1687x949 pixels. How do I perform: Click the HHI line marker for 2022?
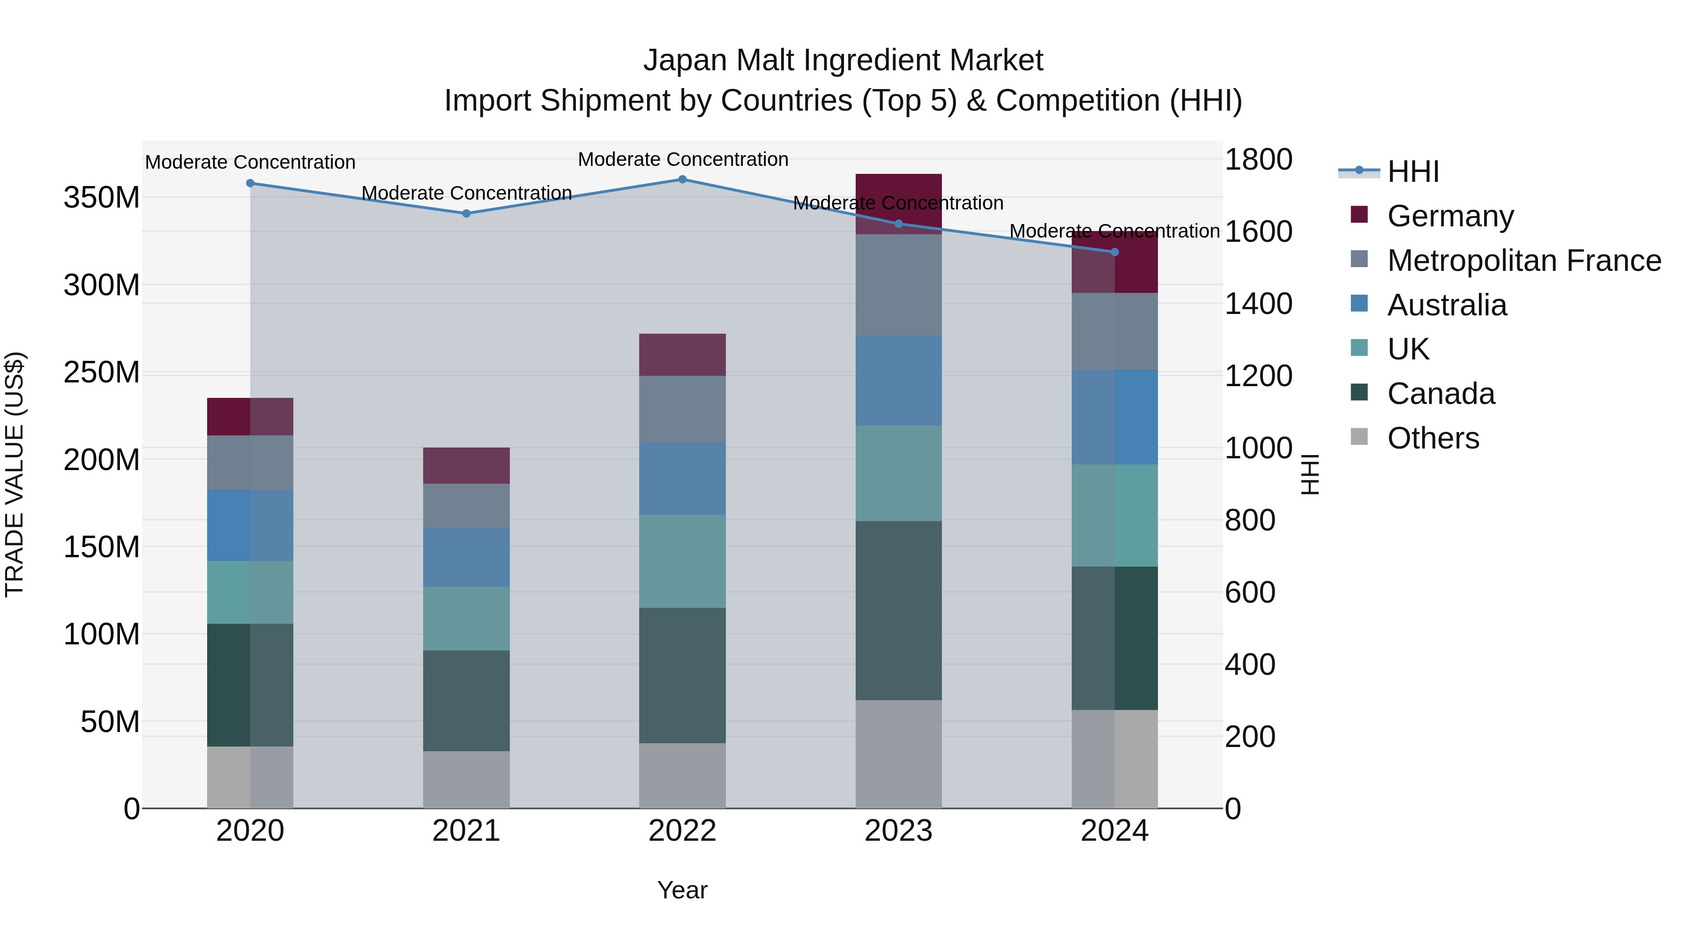pos(682,179)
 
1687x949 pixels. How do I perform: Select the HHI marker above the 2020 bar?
pos(250,183)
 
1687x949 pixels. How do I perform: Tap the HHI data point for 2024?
pos(1115,252)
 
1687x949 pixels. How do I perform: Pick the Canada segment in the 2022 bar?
pos(682,675)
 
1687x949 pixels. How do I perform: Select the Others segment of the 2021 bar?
pos(466,779)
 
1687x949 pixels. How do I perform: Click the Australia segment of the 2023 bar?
pos(898,381)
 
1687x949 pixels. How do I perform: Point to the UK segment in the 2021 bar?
pos(466,618)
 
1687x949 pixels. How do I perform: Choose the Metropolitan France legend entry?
pos(1523,261)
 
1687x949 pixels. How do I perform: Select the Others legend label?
pos(1433,438)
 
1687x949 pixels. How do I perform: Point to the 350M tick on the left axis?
pos(102,198)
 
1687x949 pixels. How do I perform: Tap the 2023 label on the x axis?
pos(898,831)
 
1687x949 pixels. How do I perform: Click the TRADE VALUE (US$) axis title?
pos(15,474)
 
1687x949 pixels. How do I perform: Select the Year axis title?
pos(682,890)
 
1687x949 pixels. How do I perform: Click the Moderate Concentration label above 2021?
pos(466,193)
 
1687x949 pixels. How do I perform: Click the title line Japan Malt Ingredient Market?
pos(843,60)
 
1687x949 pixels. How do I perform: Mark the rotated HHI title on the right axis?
pos(1310,474)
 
